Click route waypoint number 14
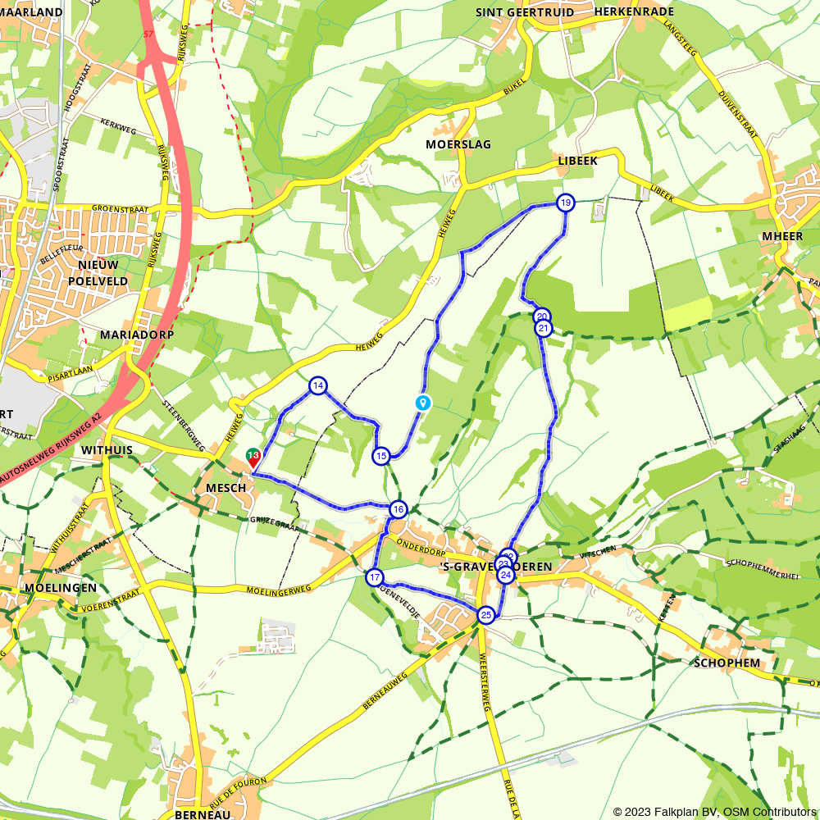click(318, 385)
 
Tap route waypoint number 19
click(566, 203)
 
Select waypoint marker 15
click(380, 456)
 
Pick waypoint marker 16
click(398, 509)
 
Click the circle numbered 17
click(375, 577)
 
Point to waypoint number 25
click(485, 615)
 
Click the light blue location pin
click(422, 402)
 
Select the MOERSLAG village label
click(458, 144)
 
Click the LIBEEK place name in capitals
click(577, 161)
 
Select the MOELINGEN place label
click(61, 588)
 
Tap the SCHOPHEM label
click(727, 663)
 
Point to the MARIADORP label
click(128, 335)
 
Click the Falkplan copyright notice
click(714, 812)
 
